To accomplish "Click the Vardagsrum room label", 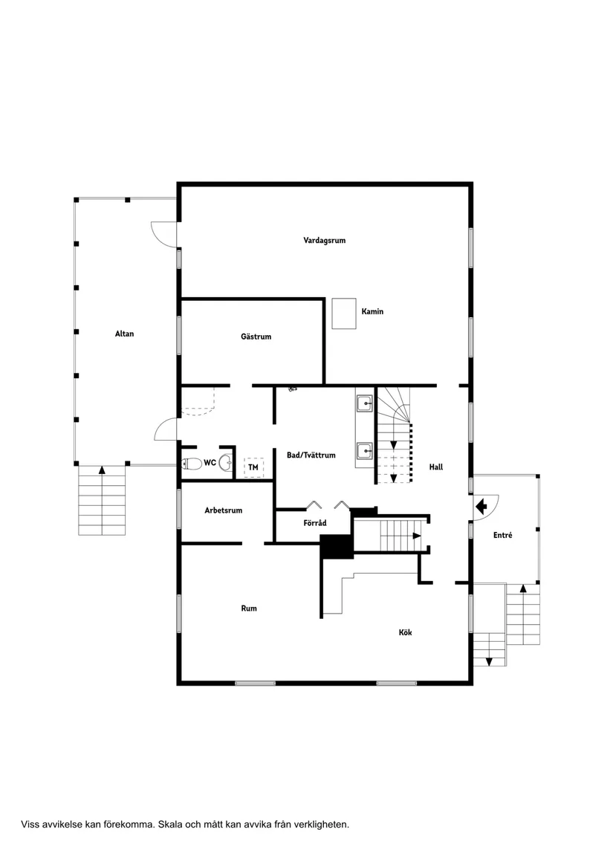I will (x=324, y=240).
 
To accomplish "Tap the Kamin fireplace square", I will (x=344, y=314).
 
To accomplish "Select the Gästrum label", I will (x=256, y=337).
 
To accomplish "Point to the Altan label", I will (x=125, y=334).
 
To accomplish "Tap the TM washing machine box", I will (x=253, y=467).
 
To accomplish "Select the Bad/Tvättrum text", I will (x=311, y=455).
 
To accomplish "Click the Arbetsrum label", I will (x=224, y=510).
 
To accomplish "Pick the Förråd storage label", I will (x=315, y=523).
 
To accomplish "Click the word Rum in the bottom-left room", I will (x=249, y=608).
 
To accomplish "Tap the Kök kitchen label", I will (x=405, y=632).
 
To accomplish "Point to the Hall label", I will (x=436, y=467).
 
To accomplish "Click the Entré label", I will (x=502, y=535).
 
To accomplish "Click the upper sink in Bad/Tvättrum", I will (x=364, y=403).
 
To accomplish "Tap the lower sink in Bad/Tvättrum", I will (x=364, y=449).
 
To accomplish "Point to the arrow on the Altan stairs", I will (x=103, y=470).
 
